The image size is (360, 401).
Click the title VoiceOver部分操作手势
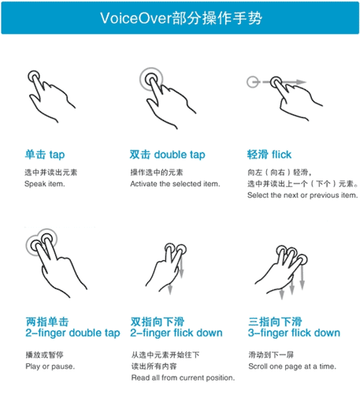point(180,18)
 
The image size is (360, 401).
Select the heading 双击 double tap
point(167,154)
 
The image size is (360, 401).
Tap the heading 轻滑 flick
point(270,154)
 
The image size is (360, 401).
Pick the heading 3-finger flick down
point(294,332)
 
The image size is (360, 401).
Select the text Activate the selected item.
point(175,184)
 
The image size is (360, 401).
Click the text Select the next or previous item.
point(302,195)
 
